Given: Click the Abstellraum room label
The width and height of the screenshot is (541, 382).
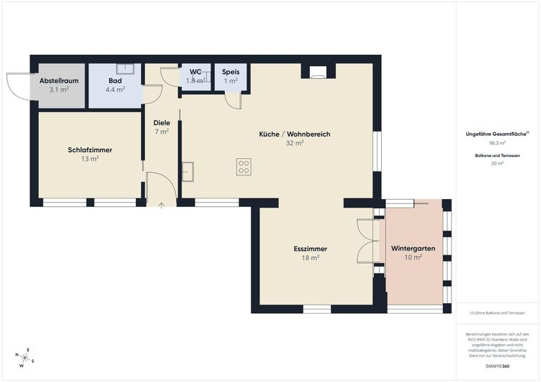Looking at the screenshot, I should coord(59,81).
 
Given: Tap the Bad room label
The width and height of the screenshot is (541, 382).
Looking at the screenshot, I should coord(115,81).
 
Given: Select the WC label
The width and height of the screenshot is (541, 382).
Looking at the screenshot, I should coord(195,72).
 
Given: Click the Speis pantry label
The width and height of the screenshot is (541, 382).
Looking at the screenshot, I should coord(230,72).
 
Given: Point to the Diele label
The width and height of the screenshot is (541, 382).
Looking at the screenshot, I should coord(161,122).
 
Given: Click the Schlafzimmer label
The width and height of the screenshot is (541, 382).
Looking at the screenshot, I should coord(90,150).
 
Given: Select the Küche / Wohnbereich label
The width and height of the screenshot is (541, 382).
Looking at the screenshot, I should coord(294,134).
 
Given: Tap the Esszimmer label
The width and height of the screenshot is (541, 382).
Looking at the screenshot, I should coord(310,249).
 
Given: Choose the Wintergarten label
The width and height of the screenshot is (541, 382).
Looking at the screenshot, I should coord(413,249).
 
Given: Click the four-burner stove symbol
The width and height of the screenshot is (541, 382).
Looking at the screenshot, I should coord(244,167).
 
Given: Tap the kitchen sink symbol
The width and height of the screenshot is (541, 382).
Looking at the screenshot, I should coord(187,171).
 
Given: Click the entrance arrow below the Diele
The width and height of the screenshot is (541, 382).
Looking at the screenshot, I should coord(161,205).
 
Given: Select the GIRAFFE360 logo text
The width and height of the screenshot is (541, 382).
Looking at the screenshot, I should coord(497,366).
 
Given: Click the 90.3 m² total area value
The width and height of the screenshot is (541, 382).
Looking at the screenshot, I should coord(497,143).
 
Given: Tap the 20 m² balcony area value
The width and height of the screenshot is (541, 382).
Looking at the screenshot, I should coord(497,163).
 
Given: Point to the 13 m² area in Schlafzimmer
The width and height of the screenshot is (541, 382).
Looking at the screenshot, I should coord(90,159).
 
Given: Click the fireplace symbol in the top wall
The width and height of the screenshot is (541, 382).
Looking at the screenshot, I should coord(318,72).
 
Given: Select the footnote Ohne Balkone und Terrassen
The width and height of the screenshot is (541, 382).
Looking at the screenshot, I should coord(497,312).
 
